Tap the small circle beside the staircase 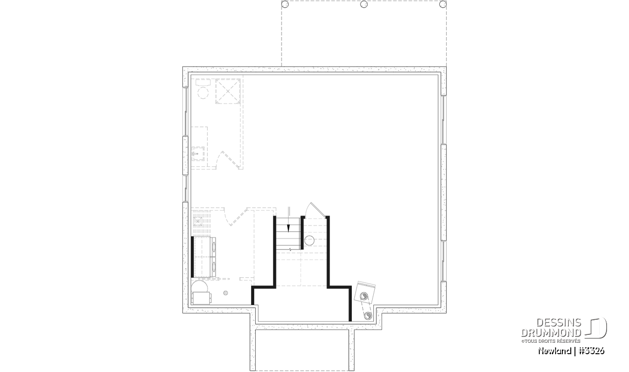click(x=309, y=241)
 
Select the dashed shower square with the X click(x=227, y=91)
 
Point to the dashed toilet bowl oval click(x=203, y=93)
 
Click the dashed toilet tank click(x=203, y=83)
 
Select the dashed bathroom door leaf click(x=231, y=160)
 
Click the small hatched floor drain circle click(x=225, y=293)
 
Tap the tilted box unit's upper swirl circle click(x=363, y=296)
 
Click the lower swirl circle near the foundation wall click(x=367, y=316)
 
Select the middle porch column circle click(x=364, y=4)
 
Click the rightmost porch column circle click(x=443, y=4)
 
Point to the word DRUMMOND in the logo click(x=551, y=333)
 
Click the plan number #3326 click(x=591, y=351)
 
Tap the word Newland click(x=555, y=351)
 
